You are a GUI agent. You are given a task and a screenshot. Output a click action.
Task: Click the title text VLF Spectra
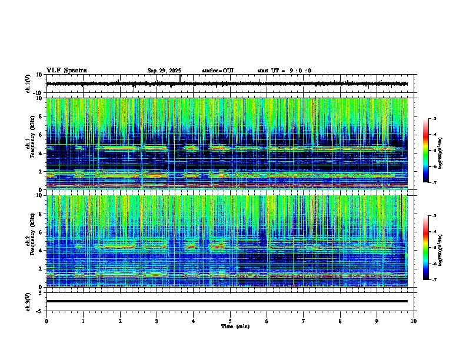pyautogui.click(x=66, y=71)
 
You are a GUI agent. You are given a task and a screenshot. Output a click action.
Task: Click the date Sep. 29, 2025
pyautogui.click(x=164, y=71)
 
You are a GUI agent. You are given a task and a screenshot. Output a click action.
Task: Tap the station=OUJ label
pyautogui.click(x=218, y=71)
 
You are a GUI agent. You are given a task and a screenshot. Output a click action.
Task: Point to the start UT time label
pyautogui.click(x=284, y=71)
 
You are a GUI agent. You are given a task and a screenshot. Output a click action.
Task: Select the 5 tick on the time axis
pyautogui.click(x=230, y=321)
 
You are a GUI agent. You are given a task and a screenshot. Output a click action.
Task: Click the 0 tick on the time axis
pyautogui.click(x=46, y=321)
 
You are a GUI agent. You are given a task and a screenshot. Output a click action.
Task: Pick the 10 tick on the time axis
pyautogui.click(x=414, y=321)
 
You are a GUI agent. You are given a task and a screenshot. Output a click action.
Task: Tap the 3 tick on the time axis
pyautogui.click(x=157, y=321)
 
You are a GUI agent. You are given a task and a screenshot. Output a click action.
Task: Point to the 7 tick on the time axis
pyautogui.click(x=304, y=321)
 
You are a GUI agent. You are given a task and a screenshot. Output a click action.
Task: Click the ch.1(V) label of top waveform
pyautogui.click(x=28, y=84)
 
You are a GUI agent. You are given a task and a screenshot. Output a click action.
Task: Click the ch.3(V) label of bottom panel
pyautogui.click(x=28, y=301)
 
